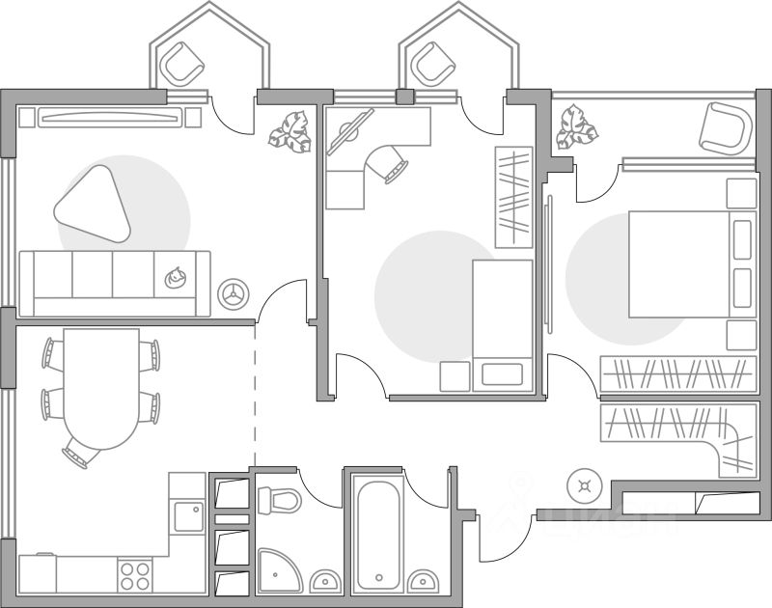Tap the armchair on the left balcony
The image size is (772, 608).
click(183, 66)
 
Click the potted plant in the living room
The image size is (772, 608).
click(290, 131)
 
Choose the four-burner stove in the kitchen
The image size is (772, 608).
click(135, 576)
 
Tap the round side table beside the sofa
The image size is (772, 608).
click(233, 293)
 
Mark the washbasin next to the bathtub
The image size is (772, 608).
click(422, 581)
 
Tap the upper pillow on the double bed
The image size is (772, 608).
click(741, 238)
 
